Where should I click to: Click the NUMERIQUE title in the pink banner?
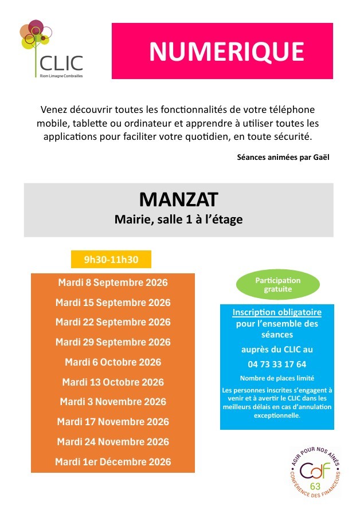coord(226,52)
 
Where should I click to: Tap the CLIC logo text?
coord(61,62)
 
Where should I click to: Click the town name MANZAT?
coord(178,199)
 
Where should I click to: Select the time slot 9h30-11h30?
coord(111,260)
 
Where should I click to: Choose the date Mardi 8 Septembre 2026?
coord(112,283)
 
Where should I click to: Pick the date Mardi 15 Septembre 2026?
coord(112,303)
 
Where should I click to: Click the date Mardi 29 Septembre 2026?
coord(112,342)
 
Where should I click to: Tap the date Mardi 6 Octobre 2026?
coord(112,362)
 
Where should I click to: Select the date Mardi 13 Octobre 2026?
coord(112,382)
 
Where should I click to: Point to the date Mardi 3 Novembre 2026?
coord(112,402)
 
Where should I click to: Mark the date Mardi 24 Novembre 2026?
coord(112,442)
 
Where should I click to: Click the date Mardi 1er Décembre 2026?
coord(112,462)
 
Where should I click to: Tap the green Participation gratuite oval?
coord(277,285)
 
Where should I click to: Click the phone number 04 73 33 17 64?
coord(277,364)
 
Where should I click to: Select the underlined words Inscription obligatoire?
coord(277,312)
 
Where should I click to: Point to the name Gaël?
coord(323,156)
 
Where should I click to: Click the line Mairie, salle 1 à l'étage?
coord(178,219)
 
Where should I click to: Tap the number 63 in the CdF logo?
coord(315,486)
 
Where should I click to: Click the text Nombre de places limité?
coord(277,378)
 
